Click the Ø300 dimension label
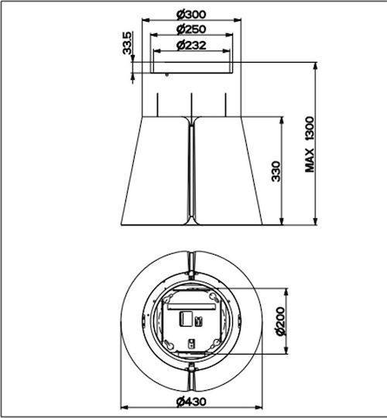191,15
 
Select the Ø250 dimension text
191,29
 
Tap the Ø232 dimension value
191,45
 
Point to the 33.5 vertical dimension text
127,43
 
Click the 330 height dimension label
276,171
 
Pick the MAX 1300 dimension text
310,145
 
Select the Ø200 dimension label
280,321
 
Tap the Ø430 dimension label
191,401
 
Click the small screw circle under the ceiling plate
167,75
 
